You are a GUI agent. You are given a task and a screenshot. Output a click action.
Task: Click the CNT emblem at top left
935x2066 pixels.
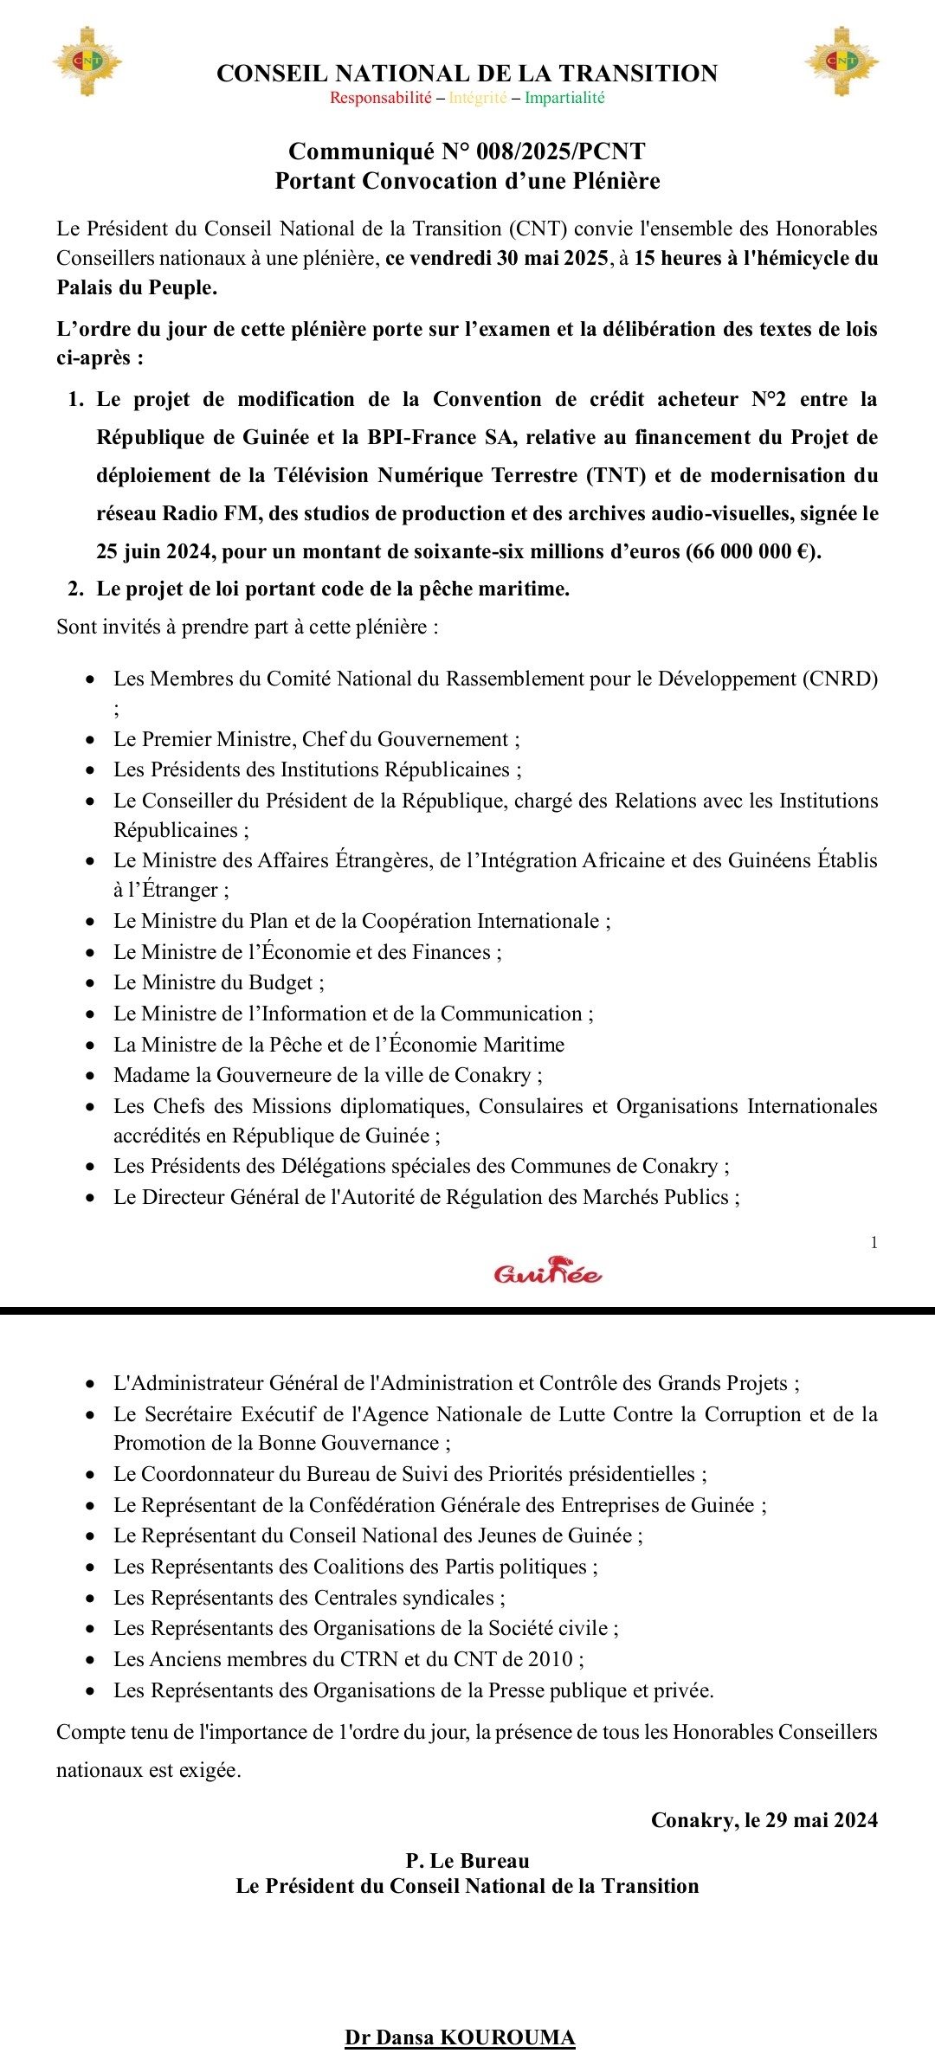[87, 61]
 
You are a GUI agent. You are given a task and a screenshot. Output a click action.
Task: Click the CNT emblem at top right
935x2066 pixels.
[841, 61]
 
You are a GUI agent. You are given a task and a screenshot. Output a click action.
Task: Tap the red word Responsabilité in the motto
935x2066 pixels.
[380, 98]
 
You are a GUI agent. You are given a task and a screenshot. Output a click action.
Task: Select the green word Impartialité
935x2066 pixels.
[564, 98]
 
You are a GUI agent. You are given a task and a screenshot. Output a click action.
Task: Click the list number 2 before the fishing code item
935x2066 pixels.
[76, 589]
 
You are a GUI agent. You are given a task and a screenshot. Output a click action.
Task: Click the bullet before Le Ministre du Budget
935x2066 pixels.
[91, 983]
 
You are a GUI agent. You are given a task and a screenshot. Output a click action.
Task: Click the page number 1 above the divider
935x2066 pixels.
[874, 1243]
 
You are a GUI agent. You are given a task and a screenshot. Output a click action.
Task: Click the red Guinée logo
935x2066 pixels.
[548, 1271]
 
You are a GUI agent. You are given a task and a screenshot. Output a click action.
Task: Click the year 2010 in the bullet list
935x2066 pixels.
[551, 1659]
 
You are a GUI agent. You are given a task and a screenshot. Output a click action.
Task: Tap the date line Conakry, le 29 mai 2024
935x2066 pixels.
[764, 1820]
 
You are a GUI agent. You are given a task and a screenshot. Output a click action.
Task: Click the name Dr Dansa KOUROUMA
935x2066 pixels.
[460, 2037]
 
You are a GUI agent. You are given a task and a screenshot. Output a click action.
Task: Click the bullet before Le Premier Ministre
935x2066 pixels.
[91, 740]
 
